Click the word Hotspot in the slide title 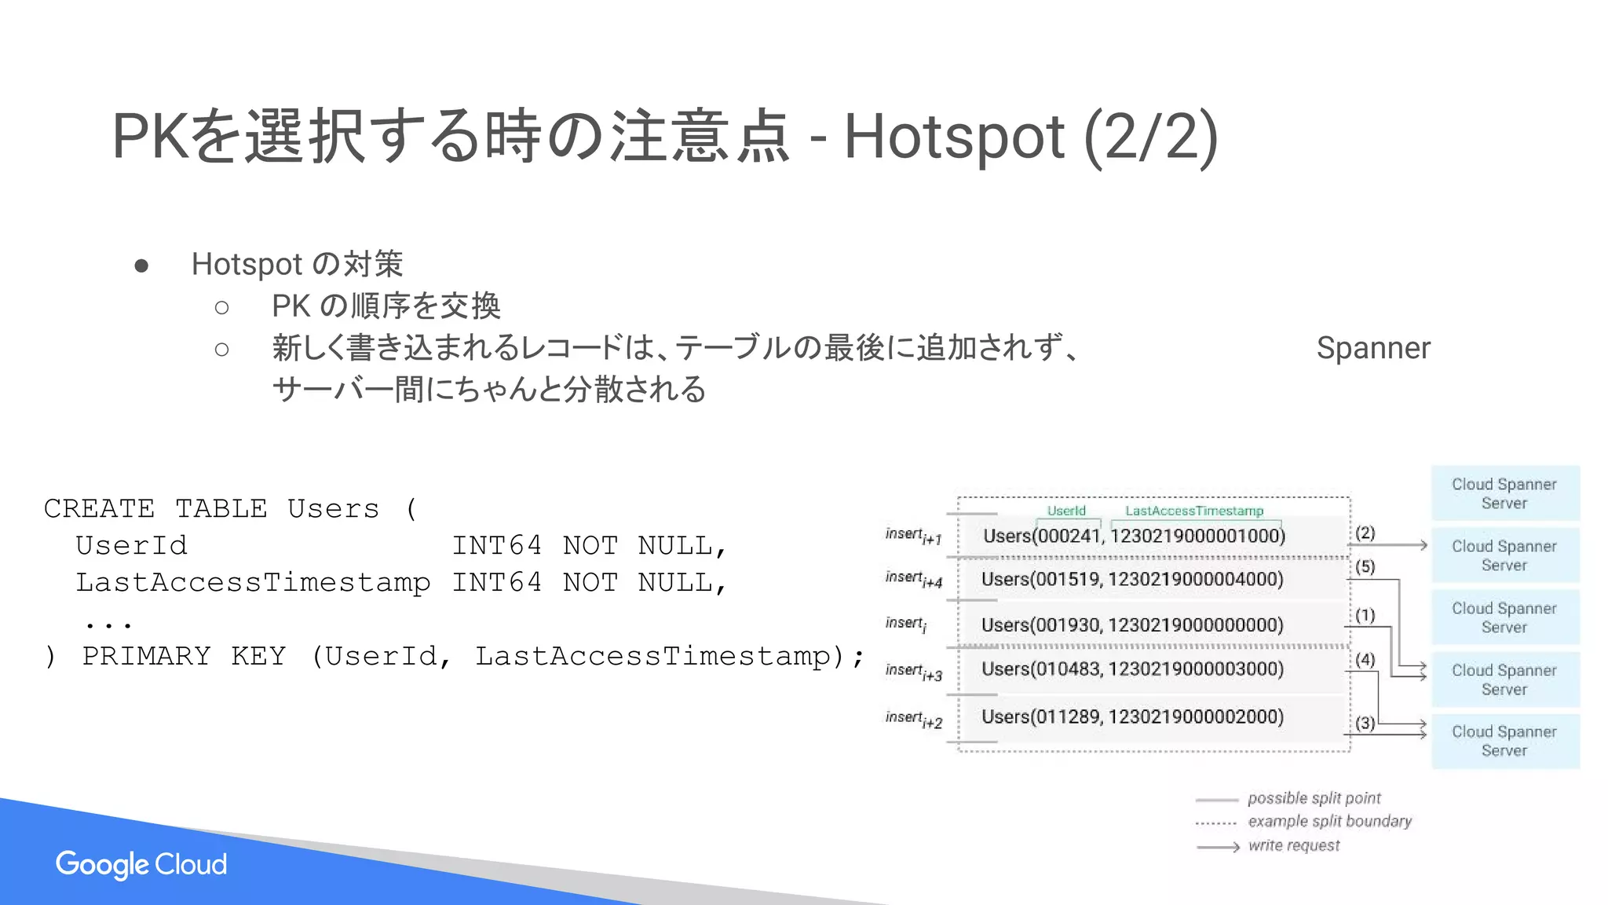[x=953, y=137]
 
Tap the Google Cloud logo [x=141, y=864]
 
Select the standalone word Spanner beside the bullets [x=1373, y=348]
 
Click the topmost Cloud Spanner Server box [x=1504, y=493]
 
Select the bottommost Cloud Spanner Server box [x=1504, y=741]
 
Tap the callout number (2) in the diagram [x=1365, y=533]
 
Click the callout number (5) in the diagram [x=1365, y=566]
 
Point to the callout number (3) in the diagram [x=1365, y=723]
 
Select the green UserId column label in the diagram [x=1066, y=511]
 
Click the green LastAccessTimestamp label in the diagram [x=1194, y=511]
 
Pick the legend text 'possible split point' [x=1314, y=798]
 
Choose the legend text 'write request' [x=1294, y=845]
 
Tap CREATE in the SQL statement [x=99, y=509]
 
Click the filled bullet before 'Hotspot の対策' [x=141, y=266]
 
